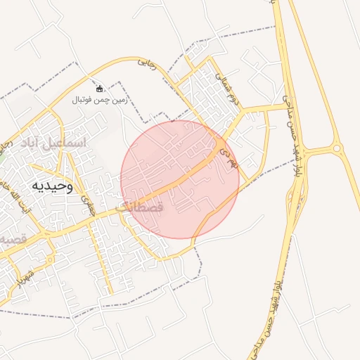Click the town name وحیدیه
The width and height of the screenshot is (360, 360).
[51, 186]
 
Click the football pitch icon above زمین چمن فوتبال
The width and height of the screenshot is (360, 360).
[99, 89]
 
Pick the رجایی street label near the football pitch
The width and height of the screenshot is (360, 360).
[146, 64]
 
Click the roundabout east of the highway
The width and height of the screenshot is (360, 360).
[336, 148]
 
